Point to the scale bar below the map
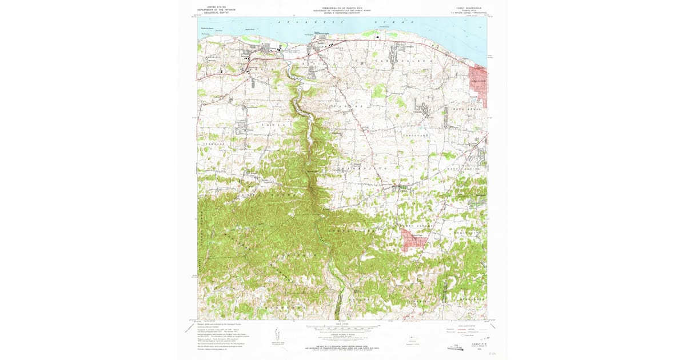(342, 329)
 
